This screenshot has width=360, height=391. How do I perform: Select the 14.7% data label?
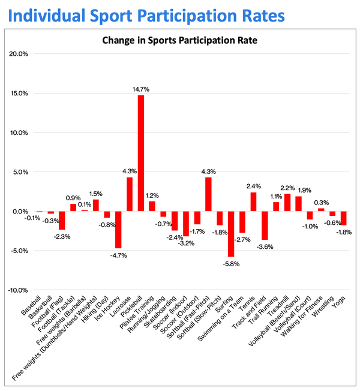(140, 89)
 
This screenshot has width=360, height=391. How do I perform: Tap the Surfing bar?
(231, 234)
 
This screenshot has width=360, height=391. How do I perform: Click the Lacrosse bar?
(130, 194)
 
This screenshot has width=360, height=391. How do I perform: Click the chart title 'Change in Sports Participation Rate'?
(180, 41)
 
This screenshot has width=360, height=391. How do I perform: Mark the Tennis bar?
(253, 201)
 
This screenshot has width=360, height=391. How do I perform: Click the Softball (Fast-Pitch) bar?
(208, 194)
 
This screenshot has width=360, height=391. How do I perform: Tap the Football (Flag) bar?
(62, 220)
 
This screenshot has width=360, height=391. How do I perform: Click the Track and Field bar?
(265, 225)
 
